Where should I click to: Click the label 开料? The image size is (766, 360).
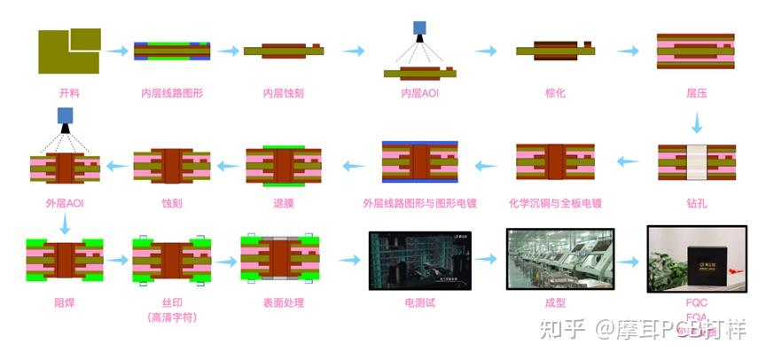(x=68, y=93)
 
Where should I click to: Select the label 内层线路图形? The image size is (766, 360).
(x=172, y=93)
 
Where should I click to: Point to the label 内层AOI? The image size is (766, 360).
(x=419, y=93)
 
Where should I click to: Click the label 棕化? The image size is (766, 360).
(x=555, y=93)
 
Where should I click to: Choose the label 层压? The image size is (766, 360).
(x=696, y=93)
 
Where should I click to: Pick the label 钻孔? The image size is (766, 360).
(x=696, y=204)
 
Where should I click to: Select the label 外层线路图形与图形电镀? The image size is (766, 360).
(x=419, y=204)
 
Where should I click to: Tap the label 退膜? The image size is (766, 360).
(x=284, y=204)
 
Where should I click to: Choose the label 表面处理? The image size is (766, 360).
(x=283, y=302)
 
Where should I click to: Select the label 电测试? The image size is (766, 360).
(x=419, y=302)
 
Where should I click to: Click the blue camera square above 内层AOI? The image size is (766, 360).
(x=419, y=28)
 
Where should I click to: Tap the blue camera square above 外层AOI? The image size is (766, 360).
(x=65, y=114)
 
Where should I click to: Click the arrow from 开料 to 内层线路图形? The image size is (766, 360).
(x=117, y=51)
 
